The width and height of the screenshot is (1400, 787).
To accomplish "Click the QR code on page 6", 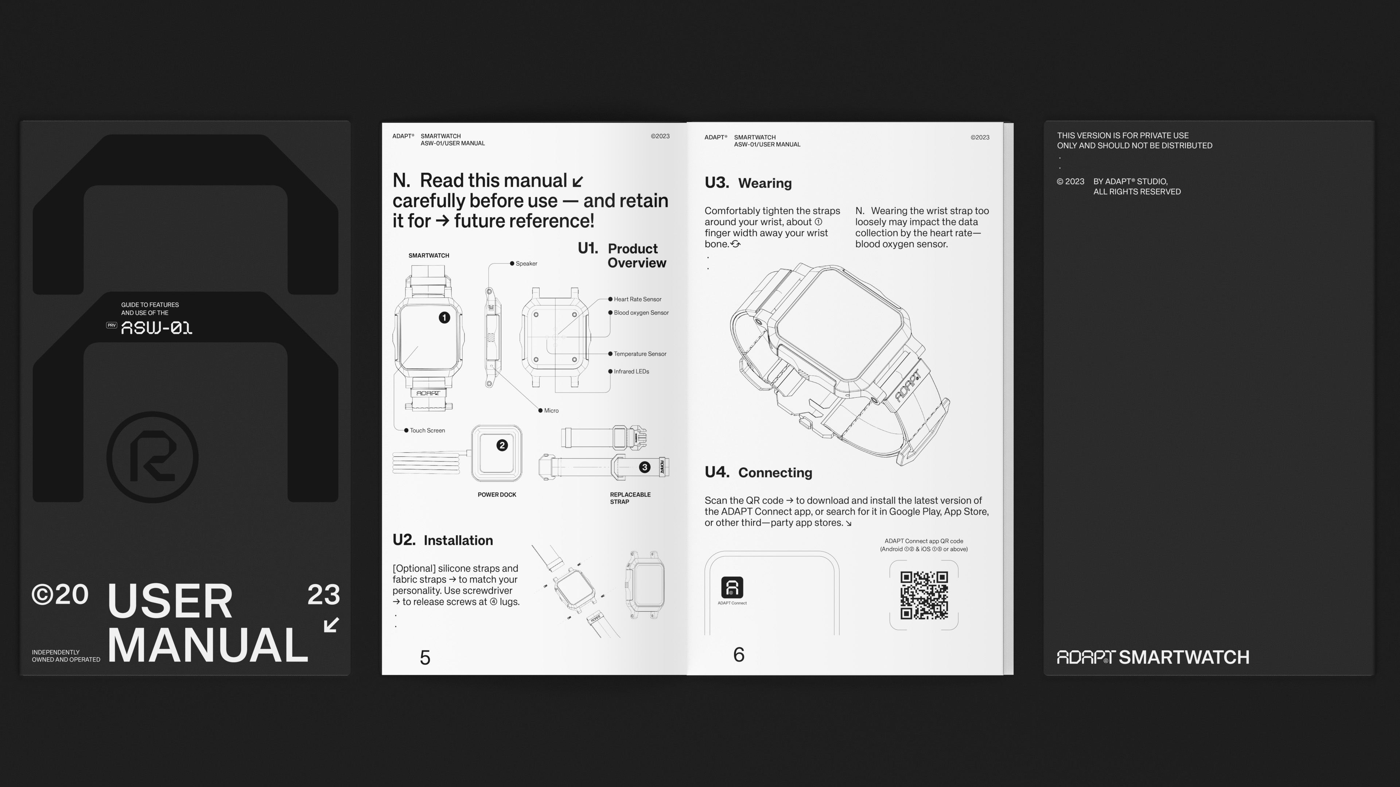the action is coord(924,595).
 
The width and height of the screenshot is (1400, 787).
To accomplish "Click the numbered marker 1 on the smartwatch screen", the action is coord(444,318).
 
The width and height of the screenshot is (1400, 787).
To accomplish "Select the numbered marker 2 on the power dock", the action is coord(502,445).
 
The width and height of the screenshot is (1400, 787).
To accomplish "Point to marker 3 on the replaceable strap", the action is coord(645,467).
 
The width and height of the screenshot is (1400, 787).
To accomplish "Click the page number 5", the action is coord(425,658).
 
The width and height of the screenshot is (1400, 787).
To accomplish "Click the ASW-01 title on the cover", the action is coord(156,328).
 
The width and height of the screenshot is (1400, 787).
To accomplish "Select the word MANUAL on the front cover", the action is coord(207,645).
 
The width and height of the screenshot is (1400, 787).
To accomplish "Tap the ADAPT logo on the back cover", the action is coord(1086,657).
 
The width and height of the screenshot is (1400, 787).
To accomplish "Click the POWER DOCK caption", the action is coord(497,495).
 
